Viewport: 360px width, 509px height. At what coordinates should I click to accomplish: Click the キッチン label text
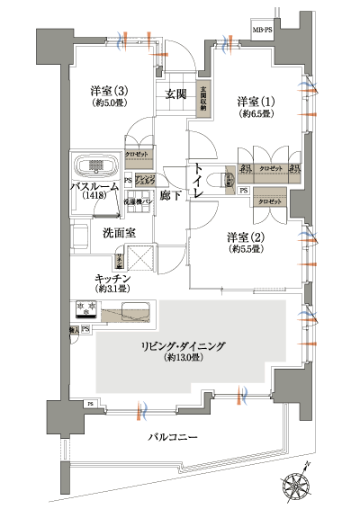click(116, 279)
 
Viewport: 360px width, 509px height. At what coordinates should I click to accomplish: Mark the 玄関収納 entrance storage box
click(204, 97)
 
